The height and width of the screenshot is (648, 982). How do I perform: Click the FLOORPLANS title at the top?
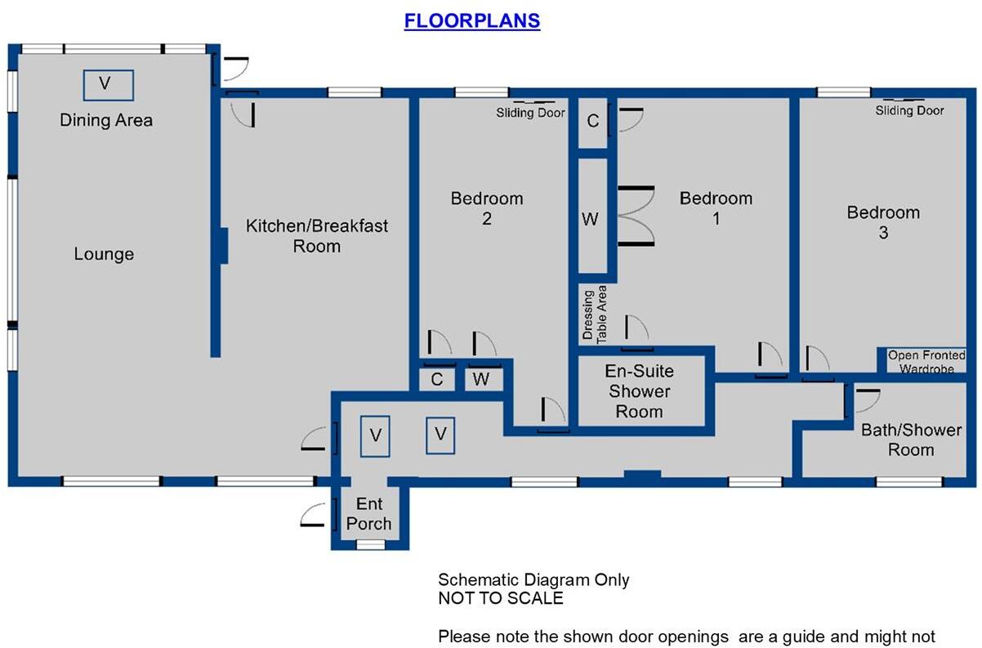point(471,20)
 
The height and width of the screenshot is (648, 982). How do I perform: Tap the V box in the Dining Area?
point(108,83)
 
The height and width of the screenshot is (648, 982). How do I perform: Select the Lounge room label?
point(104,254)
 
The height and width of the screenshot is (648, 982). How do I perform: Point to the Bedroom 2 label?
point(487,208)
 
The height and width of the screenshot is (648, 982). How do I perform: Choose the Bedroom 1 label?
point(716,208)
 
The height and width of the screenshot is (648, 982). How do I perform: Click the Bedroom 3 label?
point(883,222)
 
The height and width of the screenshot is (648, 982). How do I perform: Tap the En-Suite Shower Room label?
point(639,391)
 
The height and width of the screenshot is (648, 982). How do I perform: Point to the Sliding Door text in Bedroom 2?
point(530,113)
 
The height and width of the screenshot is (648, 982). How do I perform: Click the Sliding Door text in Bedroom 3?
point(909,110)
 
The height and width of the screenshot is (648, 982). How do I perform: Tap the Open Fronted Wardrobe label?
point(926,362)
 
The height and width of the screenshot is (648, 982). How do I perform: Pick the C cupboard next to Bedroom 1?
point(593,122)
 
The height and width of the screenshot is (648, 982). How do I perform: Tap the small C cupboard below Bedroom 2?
point(437,379)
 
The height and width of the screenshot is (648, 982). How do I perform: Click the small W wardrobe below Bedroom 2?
point(481,379)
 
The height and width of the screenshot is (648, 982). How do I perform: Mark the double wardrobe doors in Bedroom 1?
point(635,216)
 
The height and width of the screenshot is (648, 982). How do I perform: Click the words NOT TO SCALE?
point(500,598)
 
